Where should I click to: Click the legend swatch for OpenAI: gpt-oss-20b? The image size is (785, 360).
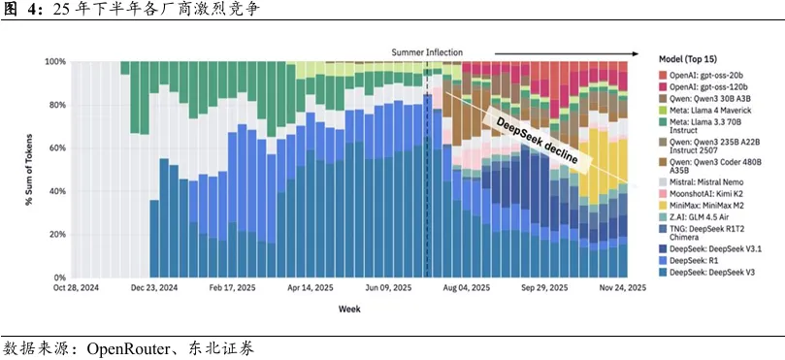[663, 74]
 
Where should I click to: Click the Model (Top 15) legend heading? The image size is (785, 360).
[688, 59]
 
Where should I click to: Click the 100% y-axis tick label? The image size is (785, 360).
[56, 61]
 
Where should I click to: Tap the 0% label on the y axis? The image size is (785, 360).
[60, 278]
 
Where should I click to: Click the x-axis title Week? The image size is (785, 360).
[349, 309]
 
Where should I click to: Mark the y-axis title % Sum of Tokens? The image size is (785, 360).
[30, 169]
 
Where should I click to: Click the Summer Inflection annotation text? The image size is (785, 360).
[427, 52]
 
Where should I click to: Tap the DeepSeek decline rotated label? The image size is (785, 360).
[535, 142]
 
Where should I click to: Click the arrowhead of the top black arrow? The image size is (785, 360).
[636, 53]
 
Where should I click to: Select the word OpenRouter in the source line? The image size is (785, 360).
[121, 348]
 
